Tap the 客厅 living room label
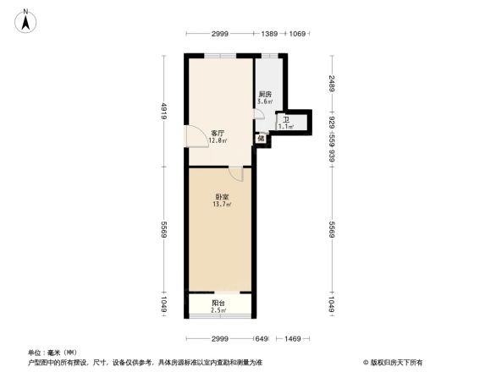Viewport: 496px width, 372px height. pyautogui.click(x=217, y=134)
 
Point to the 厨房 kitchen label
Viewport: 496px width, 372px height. pyautogui.click(x=265, y=94)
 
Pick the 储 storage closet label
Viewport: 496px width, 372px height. pyautogui.click(x=261, y=138)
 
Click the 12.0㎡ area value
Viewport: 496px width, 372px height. pyautogui.click(x=218, y=141)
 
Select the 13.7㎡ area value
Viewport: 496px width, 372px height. pyautogui.click(x=222, y=205)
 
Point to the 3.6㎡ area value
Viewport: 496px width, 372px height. pyautogui.click(x=265, y=101)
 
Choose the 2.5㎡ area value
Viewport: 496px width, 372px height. pyautogui.click(x=218, y=310)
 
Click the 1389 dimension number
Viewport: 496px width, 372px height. pyautogui.click(x=270, y=33)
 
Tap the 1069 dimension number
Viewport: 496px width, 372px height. pyautogui.click(x=296, y=33)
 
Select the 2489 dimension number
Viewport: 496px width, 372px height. pyautogui.click(x=333, y=83)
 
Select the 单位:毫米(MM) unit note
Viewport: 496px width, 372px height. pyautogui.click(x=52, y=352)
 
